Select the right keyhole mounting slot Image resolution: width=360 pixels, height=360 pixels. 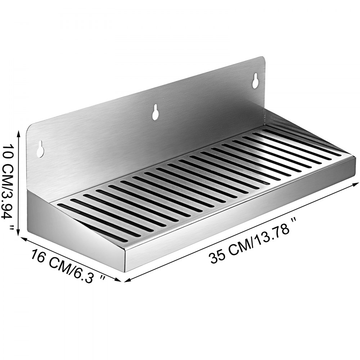point(255,81)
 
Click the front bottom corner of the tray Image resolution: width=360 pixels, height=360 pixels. point(125,271)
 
